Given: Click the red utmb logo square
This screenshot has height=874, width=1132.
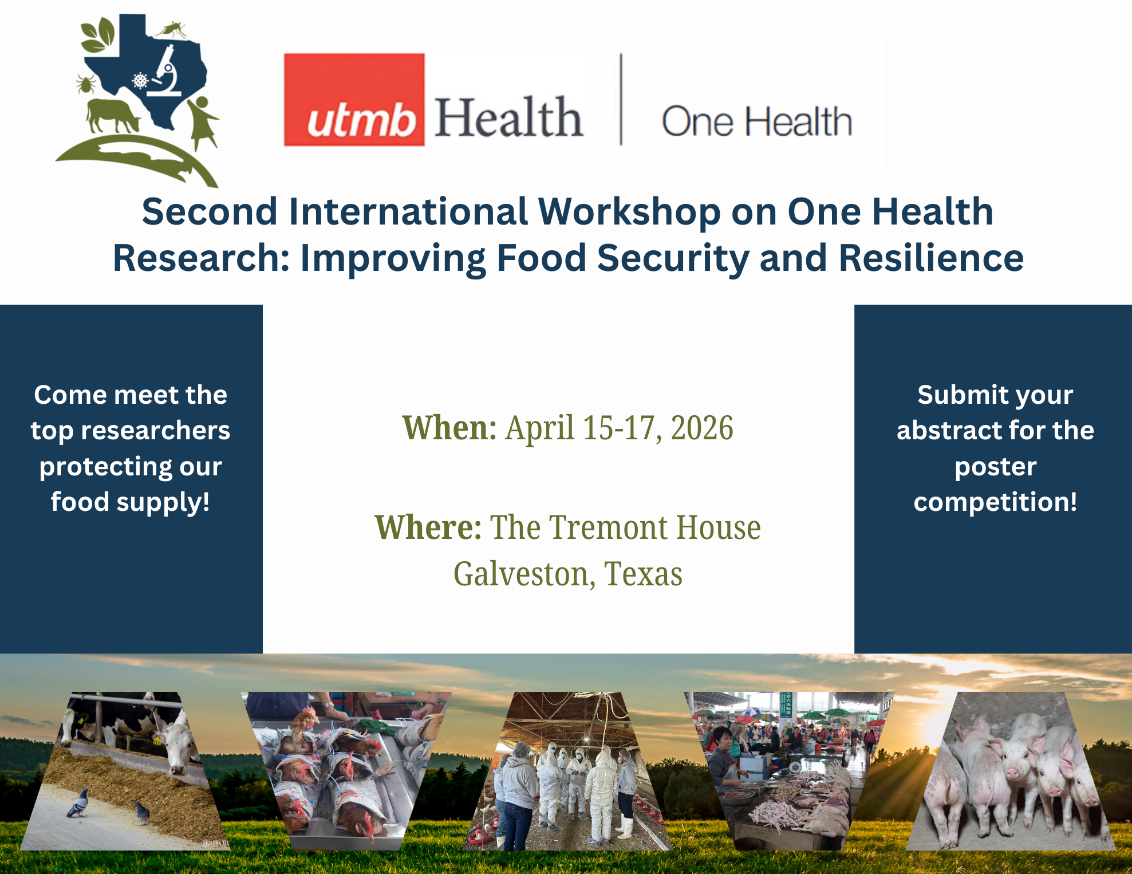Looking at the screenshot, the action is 354,100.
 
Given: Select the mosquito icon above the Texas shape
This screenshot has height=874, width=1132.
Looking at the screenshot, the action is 172,30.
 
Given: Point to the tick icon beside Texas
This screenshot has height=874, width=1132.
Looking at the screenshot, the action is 86,84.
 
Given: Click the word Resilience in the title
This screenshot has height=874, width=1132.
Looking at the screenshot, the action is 931,258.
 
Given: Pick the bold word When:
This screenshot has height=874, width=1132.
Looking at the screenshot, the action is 449,428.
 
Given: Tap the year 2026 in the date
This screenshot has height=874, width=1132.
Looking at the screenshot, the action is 702,428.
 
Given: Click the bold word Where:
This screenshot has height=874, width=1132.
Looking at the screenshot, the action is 428,527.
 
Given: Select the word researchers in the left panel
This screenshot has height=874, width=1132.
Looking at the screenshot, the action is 156,431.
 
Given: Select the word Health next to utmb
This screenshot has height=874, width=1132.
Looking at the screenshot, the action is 508,118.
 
